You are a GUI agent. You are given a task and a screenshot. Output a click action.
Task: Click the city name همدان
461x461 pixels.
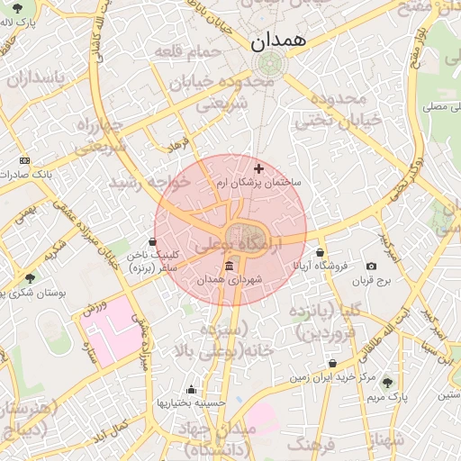coord(278,40)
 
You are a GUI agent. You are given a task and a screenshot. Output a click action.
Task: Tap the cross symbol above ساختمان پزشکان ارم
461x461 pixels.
coord(259,168)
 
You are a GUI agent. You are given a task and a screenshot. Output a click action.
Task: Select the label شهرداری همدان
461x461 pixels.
coord(232,281)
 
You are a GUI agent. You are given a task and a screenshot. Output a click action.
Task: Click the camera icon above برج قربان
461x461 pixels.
coord(371,267)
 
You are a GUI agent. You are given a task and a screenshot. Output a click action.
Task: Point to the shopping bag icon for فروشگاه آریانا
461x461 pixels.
coord(321,253)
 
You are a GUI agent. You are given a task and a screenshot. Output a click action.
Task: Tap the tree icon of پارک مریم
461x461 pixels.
coord(387,383)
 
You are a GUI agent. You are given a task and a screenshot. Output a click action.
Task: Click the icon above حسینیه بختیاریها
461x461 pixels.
coord(191,390)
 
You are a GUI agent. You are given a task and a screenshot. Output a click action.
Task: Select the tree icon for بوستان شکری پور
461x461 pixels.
coord(31,279)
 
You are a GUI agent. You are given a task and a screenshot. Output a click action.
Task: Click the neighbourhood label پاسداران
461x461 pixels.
coord(36,78)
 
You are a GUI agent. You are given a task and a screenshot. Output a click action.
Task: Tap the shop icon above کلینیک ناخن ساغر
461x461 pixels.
coord(152,241)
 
